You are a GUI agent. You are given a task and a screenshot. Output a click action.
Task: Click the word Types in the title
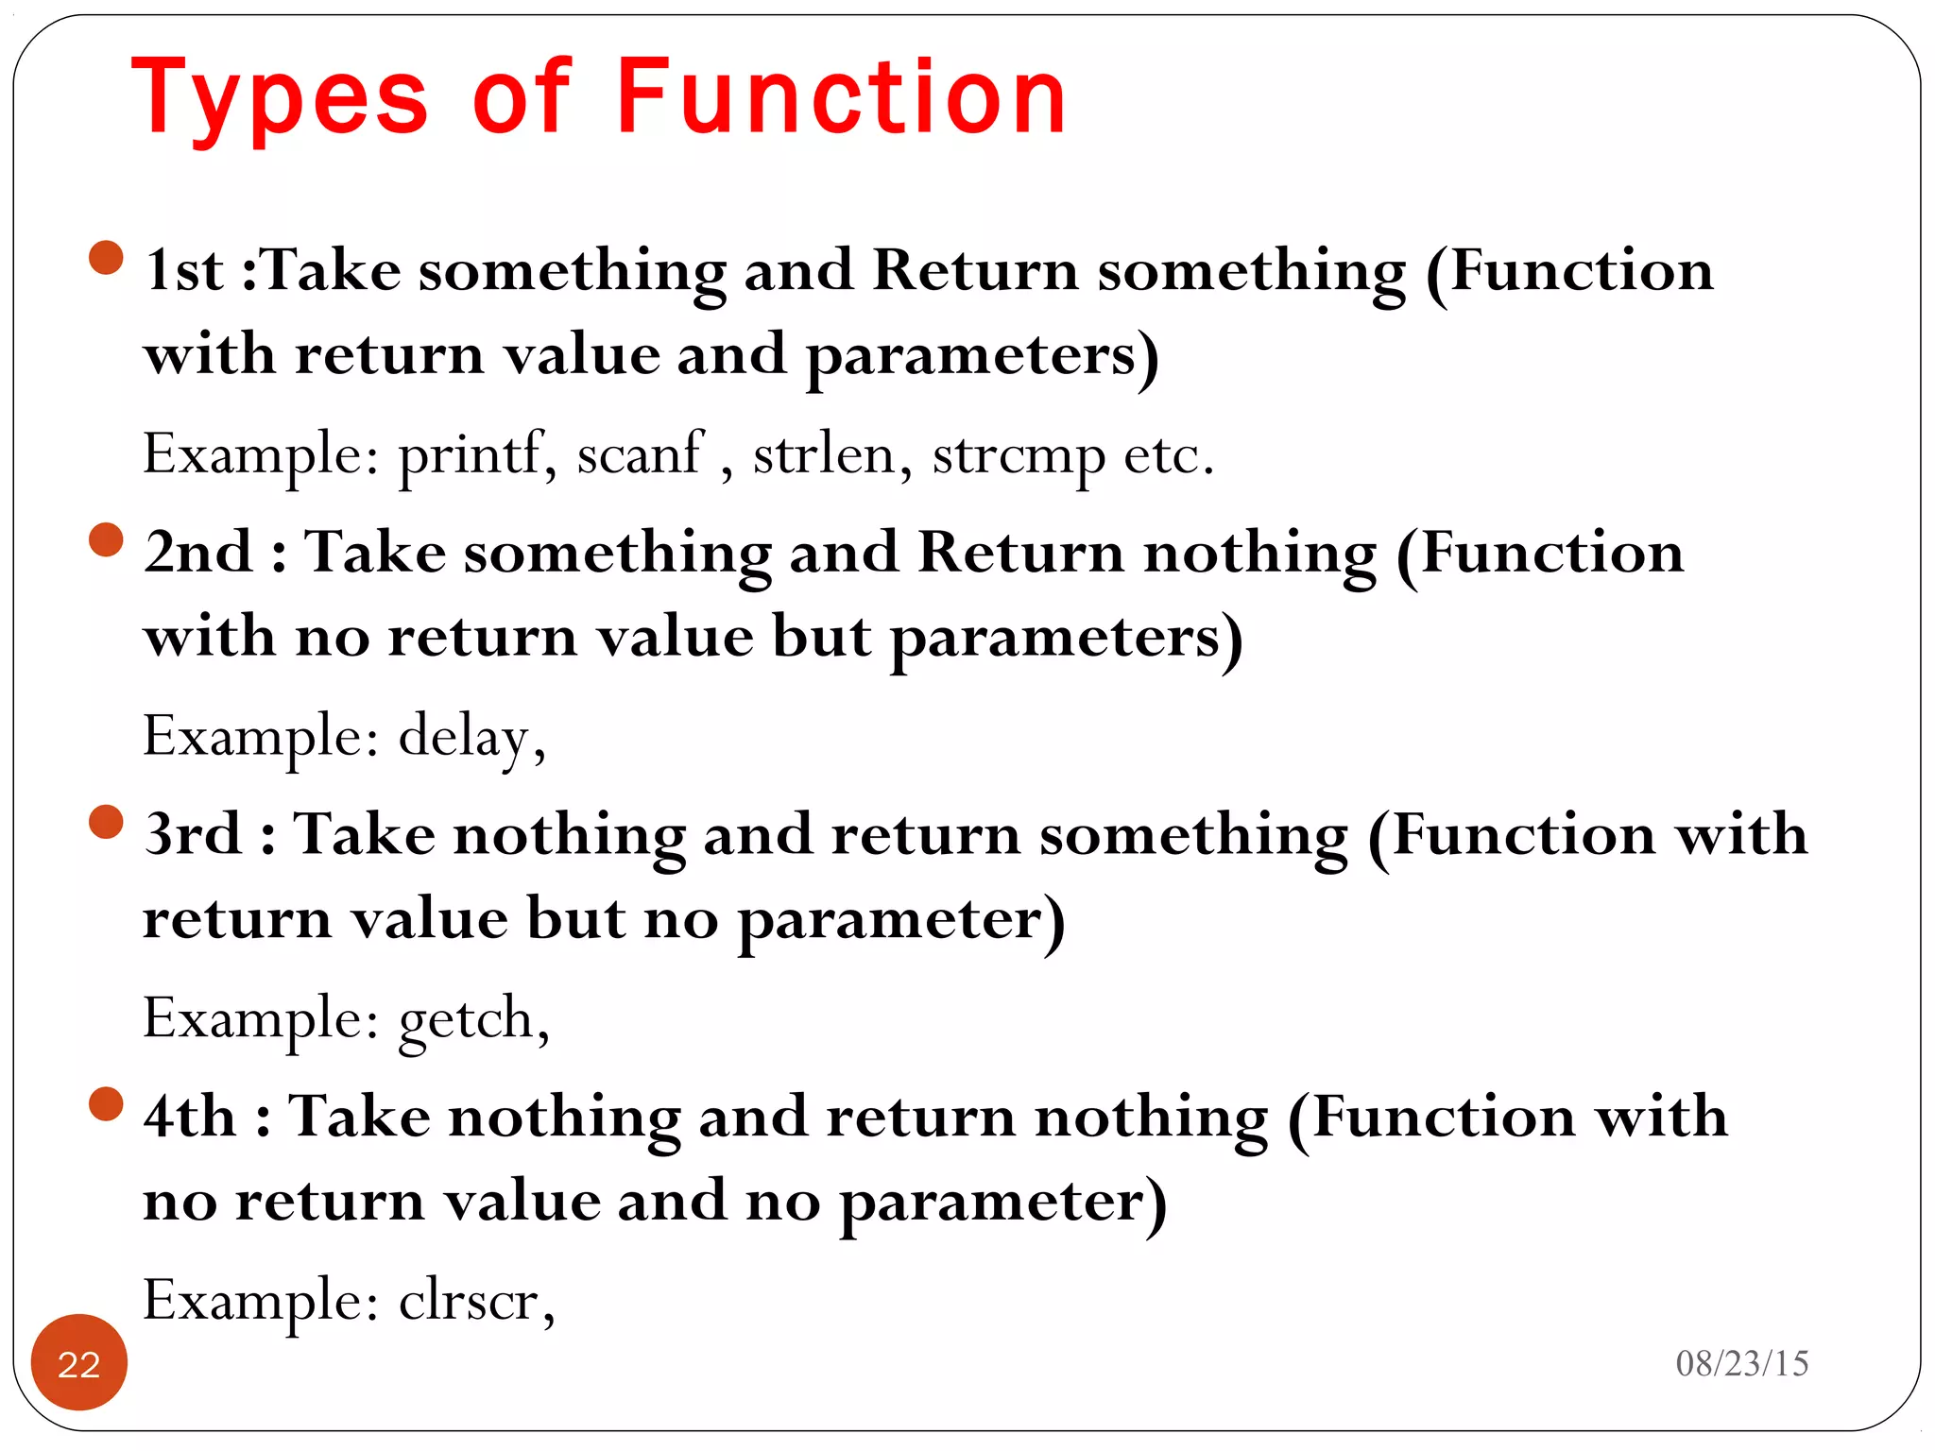coord(280,98)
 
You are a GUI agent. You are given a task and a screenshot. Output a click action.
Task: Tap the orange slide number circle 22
coord(79,1363)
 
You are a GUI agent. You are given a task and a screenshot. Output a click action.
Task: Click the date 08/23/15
coord(1741,1363)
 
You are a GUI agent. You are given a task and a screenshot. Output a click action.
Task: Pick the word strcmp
coord(1018,456)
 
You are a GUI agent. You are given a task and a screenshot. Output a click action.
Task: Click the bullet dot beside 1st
coord(107,258)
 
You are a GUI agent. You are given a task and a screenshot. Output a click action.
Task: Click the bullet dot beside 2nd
coord(107,540)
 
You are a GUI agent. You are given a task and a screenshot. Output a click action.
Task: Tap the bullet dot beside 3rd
coord(107,822)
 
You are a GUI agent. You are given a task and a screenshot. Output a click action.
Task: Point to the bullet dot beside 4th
coord(107,1104)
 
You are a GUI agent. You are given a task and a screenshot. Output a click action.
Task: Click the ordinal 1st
coord(184,271)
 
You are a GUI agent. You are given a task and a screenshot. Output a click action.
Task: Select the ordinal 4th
coord(190,1118)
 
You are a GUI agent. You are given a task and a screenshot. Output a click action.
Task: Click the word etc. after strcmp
coord(1168,456)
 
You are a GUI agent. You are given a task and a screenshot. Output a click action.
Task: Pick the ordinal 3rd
coord(193,835)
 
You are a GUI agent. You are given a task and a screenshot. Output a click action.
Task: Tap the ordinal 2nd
coord(199,553)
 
